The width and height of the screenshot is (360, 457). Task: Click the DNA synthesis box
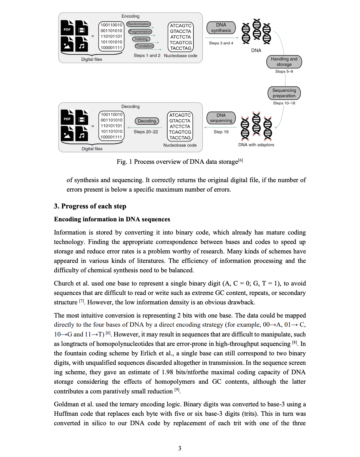coord(221,28)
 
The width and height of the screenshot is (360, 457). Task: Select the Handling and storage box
coord(284,62)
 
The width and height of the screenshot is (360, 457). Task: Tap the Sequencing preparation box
coord(284,93)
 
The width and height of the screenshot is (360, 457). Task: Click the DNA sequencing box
coord(221,118)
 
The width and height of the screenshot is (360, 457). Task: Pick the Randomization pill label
coord(139,24)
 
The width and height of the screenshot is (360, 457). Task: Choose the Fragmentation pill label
coord(140,31)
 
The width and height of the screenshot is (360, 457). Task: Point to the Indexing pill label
coord(141,39)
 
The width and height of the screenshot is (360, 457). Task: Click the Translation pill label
coord(144,46)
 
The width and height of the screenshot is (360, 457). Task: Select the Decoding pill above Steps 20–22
coord(147,121)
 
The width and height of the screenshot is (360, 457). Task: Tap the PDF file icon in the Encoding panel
coord(67,28)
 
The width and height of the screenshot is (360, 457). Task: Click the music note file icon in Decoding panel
coord(82,134)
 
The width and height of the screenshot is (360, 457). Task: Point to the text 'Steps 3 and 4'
coord(221,43)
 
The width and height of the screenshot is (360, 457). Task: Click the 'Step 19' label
coord(221,132)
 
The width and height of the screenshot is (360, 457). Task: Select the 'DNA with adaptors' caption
coord(256,145)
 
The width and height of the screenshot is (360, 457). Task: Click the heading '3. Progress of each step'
coord(90,206)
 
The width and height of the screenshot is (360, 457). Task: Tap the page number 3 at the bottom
coord(180,448)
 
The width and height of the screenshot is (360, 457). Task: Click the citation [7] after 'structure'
coord(82,301)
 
